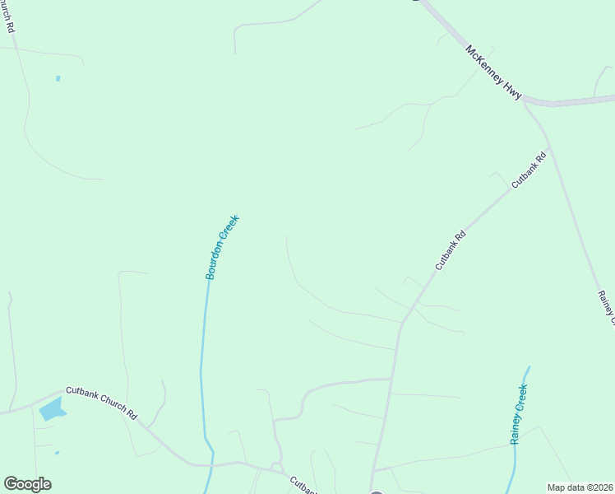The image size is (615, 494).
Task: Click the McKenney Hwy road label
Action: (493, 72)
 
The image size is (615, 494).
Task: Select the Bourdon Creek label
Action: (222, 247)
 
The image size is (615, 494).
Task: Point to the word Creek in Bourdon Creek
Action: (230, 228)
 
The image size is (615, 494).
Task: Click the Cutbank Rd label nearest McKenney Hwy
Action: (529, 170)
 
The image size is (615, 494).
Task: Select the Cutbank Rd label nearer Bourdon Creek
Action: (451, 250)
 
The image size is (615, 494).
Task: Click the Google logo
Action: (27, 484)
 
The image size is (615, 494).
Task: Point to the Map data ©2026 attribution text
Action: (580, 487)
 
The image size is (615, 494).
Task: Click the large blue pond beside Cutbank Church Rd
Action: (52, 408)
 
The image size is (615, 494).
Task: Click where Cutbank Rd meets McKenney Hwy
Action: (527, 102)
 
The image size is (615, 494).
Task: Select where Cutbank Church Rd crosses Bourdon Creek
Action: (208, 464)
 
